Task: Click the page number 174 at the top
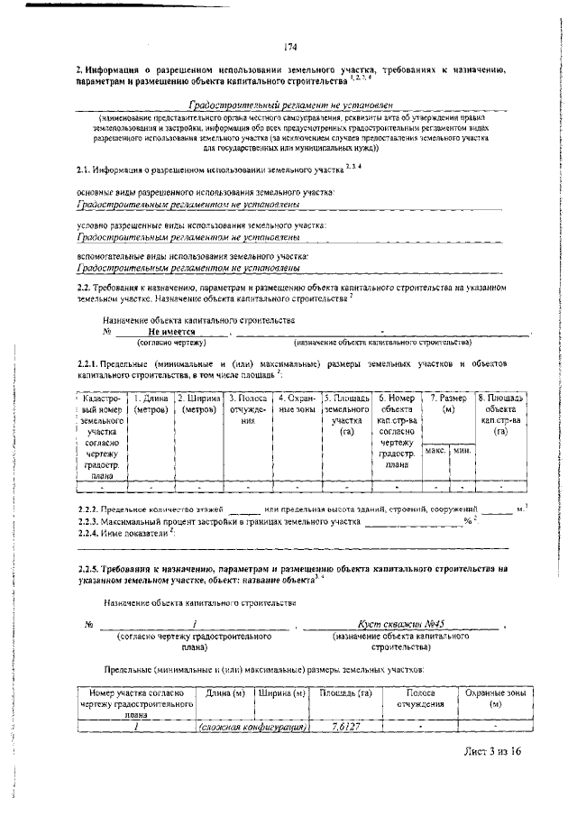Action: (290, 48)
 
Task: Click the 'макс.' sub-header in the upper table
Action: (435, 449)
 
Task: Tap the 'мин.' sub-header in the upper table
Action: (462, 449)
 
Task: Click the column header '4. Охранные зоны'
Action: (296, 403)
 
